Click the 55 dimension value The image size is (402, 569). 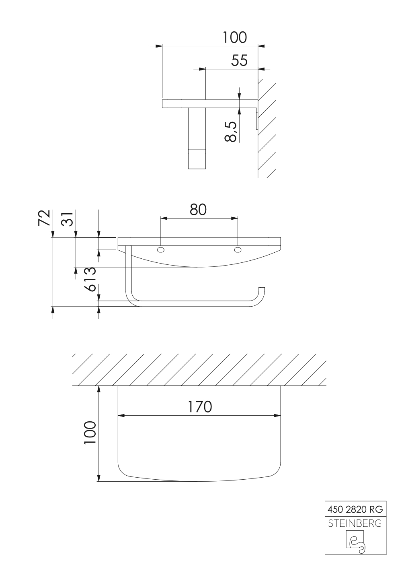[239, 61]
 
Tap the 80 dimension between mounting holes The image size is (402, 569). [198, 210]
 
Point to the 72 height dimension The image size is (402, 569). [44, 218]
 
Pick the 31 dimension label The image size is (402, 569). [67, 218]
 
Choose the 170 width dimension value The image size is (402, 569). [200, 407]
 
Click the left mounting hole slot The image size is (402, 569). [161, 250]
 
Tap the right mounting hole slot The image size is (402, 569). [238, 250]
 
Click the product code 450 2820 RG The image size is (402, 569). [355, 509]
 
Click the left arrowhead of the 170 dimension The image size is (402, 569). [121, 416]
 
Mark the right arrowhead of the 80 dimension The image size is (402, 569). [235, 218]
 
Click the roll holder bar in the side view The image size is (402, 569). [197, 138]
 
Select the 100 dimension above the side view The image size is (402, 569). [235, 37]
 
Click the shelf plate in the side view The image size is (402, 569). [210, 104]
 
